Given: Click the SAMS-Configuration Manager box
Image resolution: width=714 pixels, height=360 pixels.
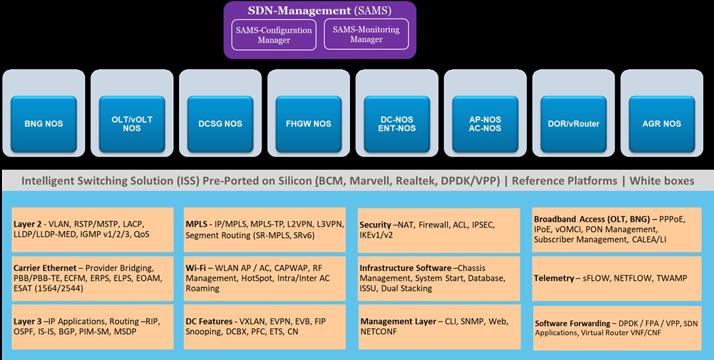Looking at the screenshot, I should [273, 35].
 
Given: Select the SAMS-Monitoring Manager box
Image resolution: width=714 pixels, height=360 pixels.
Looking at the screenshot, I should [366, 34].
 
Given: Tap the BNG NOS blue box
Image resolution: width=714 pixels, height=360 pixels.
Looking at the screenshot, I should [44, 123].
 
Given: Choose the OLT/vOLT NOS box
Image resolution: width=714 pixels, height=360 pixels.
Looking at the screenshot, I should [132, 123].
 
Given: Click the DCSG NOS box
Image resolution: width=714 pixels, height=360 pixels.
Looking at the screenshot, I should [220, 123].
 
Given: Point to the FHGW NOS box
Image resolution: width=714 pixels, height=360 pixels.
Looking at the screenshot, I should [309, 123].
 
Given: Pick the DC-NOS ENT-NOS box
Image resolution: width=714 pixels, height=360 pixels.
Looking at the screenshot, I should [397, 123].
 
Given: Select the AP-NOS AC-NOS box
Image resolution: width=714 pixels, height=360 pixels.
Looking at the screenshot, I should [485, 123].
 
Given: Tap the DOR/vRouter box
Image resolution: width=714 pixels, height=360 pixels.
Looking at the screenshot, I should [574, 123].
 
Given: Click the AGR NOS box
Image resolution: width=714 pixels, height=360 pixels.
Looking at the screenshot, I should [661, 123].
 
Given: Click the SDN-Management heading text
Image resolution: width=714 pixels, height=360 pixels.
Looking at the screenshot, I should [299, 11].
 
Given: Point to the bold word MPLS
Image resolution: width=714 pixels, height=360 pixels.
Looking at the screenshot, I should [198, 224].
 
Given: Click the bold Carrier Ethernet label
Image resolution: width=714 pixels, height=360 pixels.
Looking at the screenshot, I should [44, 268].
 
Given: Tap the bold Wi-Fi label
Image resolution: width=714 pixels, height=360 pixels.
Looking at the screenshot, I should [197, 268].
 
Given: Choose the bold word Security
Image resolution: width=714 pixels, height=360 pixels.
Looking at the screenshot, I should [375, 225].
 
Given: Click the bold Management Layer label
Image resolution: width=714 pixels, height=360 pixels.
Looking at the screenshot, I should [398, 321].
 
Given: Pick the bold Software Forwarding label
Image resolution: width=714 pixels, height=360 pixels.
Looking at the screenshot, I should [572, 323].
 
